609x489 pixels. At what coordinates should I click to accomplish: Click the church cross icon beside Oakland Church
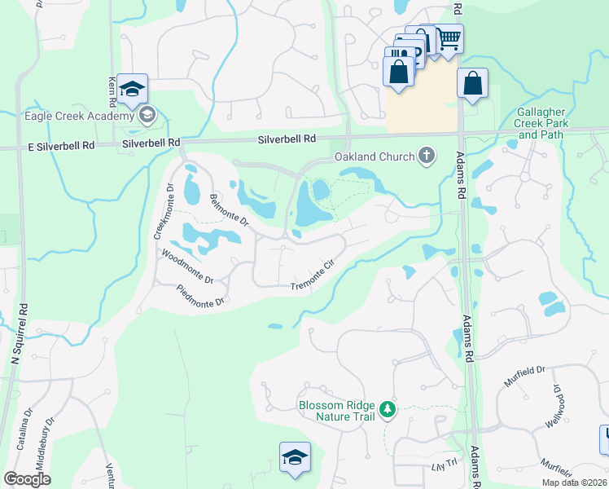tap(426, 156)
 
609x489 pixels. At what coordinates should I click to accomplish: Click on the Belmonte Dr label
tap(227, 210)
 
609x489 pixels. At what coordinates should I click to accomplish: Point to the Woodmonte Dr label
tap(187, 267)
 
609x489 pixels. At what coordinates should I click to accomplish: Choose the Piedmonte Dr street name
tap(200, 297)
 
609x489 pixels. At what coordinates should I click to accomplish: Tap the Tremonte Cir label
tap(313, 279)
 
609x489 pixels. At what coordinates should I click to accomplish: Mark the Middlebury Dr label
tap(50, 432)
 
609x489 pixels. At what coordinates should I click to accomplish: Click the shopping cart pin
tap(449, 37)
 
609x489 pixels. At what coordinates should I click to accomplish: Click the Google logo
tap(28, 479)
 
